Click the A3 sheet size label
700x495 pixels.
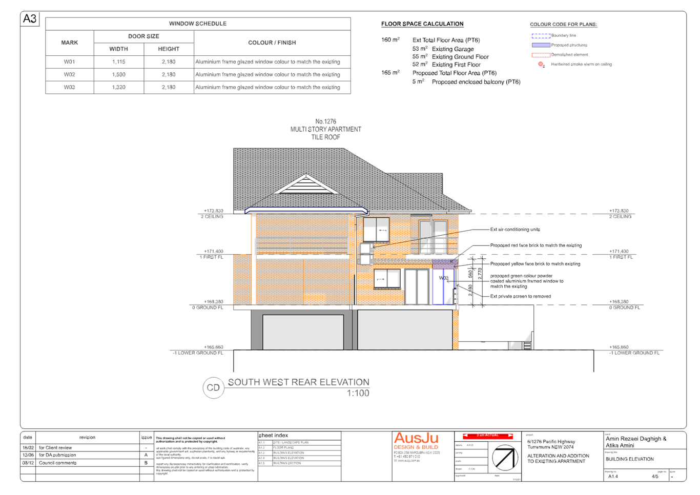(30, 19)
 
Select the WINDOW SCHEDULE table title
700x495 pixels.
(198, 24)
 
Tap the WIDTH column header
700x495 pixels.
(118, 49)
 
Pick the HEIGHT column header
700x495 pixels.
(169, 49)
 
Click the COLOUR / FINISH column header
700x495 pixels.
(272, 43)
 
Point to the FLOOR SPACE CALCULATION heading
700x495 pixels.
(422, 24)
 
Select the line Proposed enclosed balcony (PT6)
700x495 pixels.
(476, 81)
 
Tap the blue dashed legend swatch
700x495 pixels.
(541, 36)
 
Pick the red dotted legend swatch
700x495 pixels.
(541, 54)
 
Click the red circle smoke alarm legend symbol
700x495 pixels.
(541, 64)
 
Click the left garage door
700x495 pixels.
(303, 332)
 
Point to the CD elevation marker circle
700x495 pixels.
(213, 388)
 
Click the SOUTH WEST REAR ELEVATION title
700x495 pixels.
(298, 382)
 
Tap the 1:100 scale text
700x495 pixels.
(358, 393)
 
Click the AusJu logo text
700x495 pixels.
(416, 439)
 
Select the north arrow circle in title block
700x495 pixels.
(505, 457)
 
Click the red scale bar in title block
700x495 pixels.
(487, 436)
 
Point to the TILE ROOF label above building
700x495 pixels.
(326, 137)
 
